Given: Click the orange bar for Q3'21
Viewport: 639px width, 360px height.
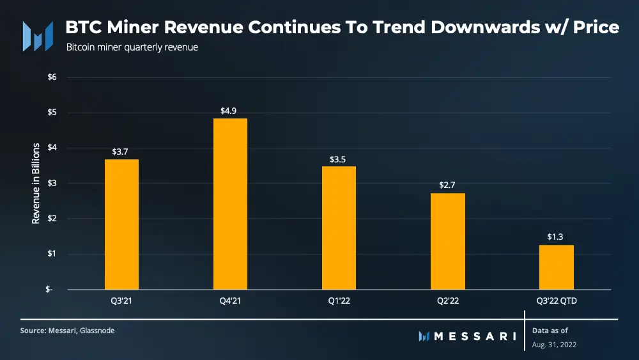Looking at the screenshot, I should point(121,224).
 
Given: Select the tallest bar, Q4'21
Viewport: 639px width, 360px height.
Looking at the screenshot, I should point(230,203).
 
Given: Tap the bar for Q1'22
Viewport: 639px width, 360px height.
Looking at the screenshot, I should point(339,227).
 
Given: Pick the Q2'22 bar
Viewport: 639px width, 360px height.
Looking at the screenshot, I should point(447,241).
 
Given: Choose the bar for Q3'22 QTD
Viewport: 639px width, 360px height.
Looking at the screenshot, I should point(556,267).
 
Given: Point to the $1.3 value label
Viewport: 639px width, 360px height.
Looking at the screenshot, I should point(556,237).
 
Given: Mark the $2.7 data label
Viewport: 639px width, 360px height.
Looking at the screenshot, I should point(447,185).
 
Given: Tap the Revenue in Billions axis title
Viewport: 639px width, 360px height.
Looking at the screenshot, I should point(36,183).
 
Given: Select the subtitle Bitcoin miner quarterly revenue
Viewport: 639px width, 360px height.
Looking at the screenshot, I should point(132,47).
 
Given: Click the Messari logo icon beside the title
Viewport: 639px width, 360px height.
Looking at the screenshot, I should point(37,36).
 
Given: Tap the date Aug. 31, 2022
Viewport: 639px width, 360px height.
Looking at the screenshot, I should point(553,345).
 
